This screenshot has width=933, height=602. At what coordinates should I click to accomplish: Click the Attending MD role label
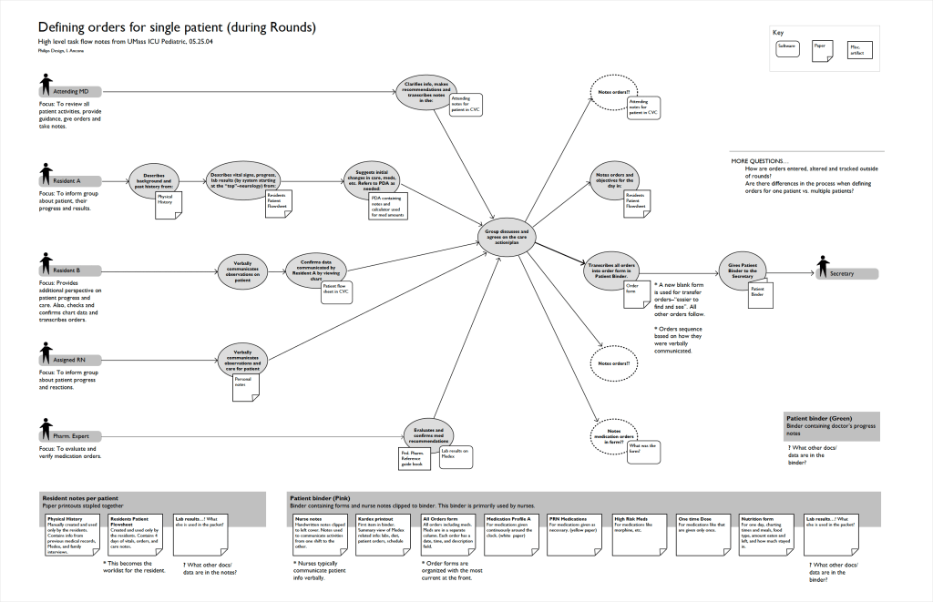(x=71, y=92)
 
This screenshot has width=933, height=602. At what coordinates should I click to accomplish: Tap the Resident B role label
(x=67, y=270)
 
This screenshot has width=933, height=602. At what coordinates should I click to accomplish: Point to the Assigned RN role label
(x=69, y=360)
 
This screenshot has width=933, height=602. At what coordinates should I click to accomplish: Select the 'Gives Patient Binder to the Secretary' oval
(x=743, y=271)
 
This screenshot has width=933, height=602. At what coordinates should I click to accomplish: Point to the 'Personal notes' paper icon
(x=244, y=383)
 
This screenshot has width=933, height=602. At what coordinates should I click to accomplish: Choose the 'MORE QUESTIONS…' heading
(x=761, y=161)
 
